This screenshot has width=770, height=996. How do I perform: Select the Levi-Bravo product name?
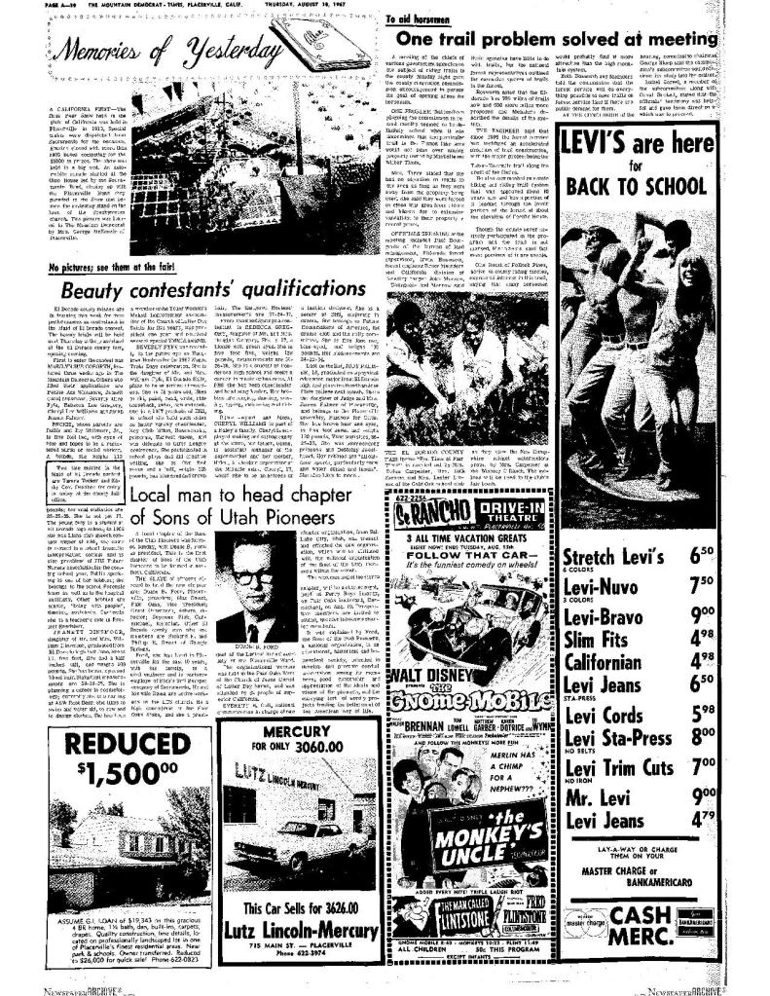pyautogui.click(x=651, y=615)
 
